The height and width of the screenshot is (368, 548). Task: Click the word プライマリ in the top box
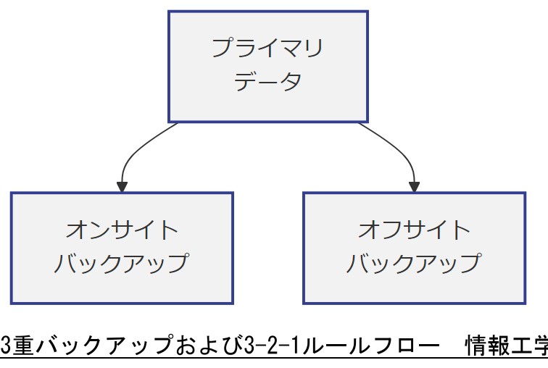pyautogui.click(x=267, y=49)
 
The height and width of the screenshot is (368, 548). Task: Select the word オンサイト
pyautogui.click(x=122, y=230)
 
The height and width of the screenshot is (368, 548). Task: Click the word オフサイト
pyautogui.click(x=414, y=230)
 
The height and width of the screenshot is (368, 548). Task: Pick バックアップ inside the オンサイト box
pyautogui.click(x=122, y=263)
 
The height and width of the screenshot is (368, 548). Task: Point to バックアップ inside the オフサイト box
pyautogui.click(x=414, y=263)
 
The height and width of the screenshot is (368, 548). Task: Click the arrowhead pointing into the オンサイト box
pyautogui.click(x=122, y=186)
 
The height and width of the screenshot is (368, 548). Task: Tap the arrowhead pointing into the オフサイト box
pyautogui.click(x=415, y=186)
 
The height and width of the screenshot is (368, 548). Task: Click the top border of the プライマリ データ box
pyautogui.click(x=267, y=12)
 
